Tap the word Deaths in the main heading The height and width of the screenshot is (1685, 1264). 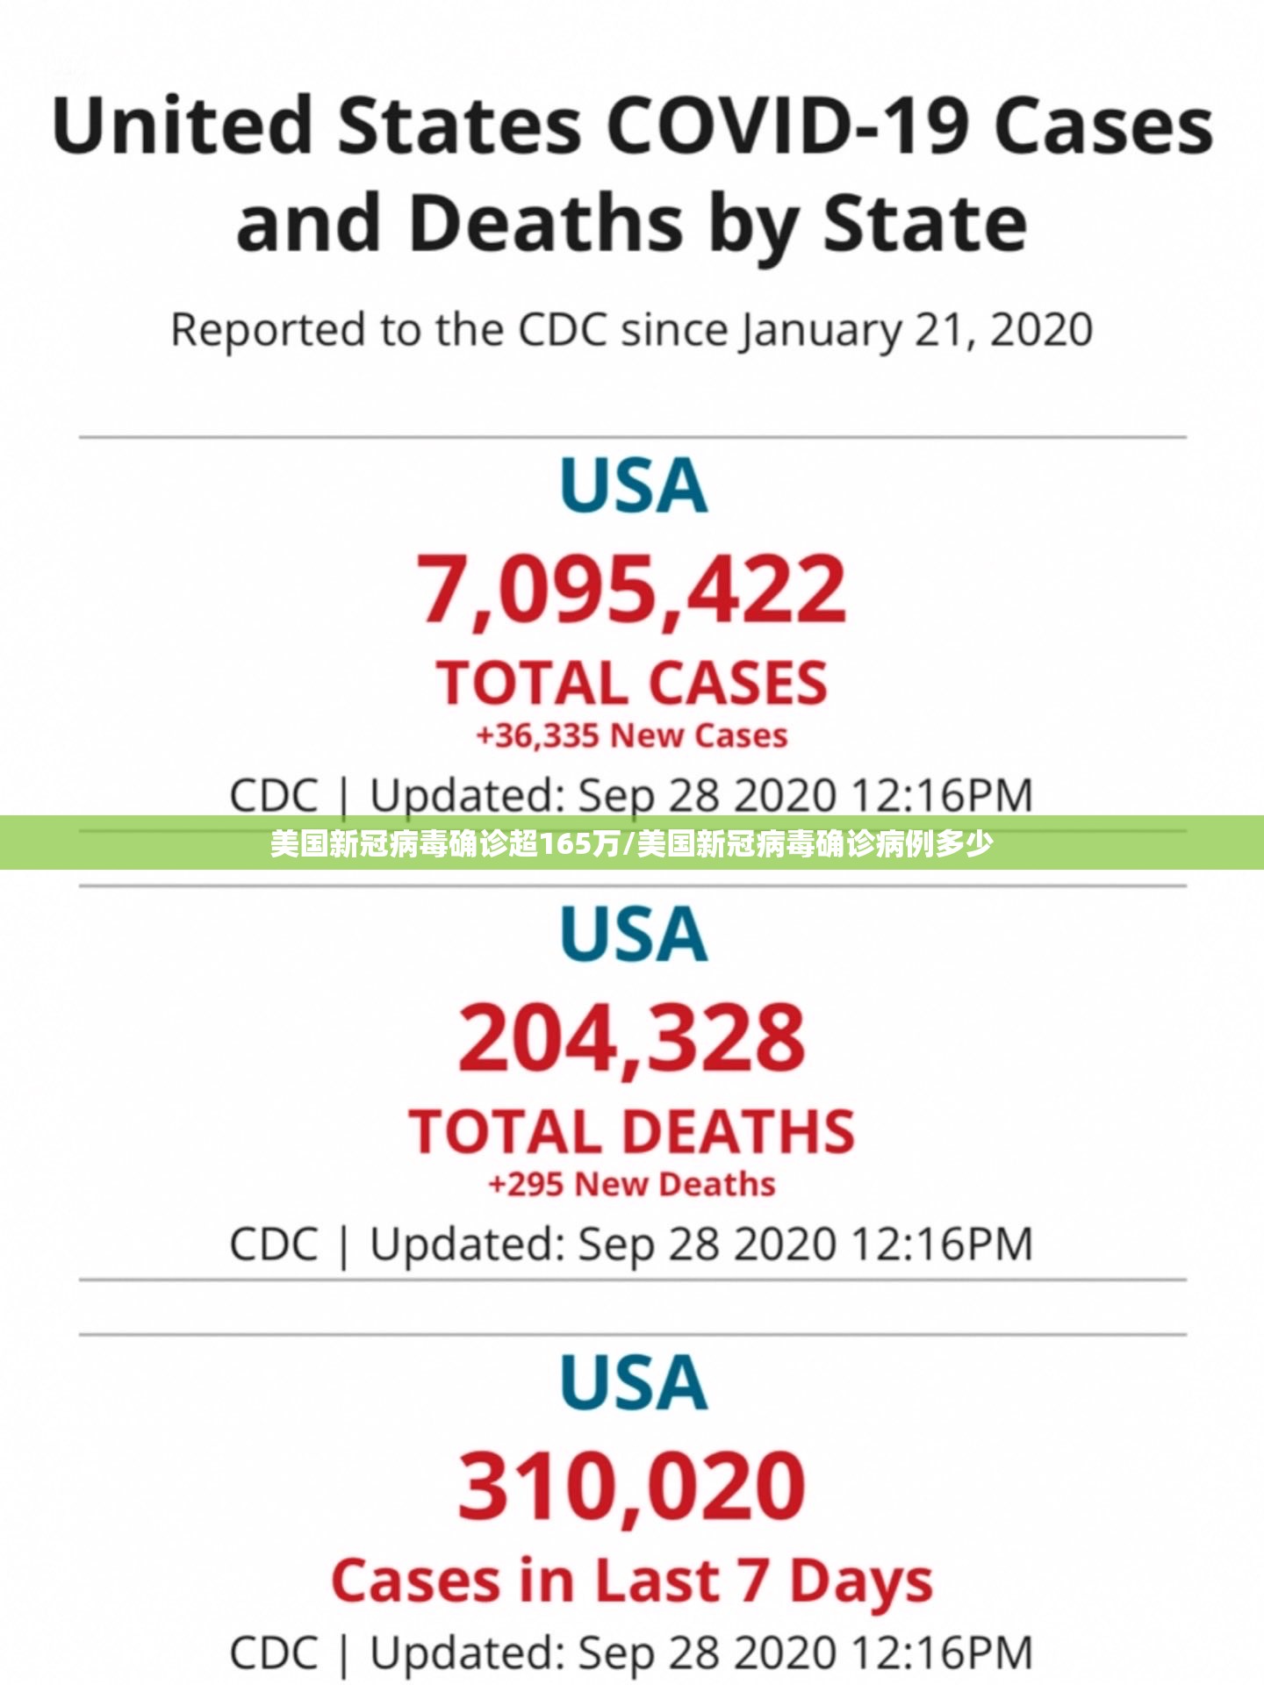click(546, 224)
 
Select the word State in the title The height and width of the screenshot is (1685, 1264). click(924, 224)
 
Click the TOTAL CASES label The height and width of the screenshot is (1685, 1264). click(632, 683)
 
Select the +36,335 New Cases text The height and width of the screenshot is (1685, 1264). click(632, 735)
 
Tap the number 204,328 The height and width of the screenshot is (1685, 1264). click(632, 1038)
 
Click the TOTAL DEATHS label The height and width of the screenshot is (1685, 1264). click(632, 1131)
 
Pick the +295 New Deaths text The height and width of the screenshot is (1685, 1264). click(632, 1184)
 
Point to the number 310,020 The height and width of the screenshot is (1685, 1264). click(632, 1487)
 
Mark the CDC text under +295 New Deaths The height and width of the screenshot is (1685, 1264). click(273, 1244)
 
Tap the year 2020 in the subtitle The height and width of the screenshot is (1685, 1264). click(1042, 330)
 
